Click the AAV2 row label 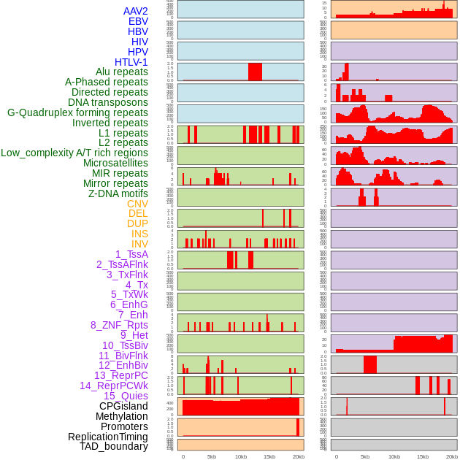pyautogui.click(x=136, y=11)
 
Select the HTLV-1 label pyautogui.click(x=131, y=62)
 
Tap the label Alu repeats pyautogui.click(x=122, y=72)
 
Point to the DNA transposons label pyautogui.click(x=108, y=102)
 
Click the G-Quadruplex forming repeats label pyautogui.click(x=77, y=112)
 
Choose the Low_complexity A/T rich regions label pyautogui.click(x=74, y=153)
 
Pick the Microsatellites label pyautogui.click(x=115, y=163)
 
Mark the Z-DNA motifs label pyautogui.click(x=118, y=193)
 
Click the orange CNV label pyautogui.click(x=137, y=204)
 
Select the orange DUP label pyautogui.click(x=137, y=223)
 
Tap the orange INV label pyautogui.click(x=139, y=244)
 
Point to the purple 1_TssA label pyautogui.click(x=131, y=254)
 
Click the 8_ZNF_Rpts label pyautogui.click(x=119, y=325)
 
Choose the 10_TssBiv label pyautogui.click(x=125, y=345)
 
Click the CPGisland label pyautogui.click(x=123, y=406)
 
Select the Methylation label pyautogui.click(x=121, y=416)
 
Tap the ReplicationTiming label pyautogui.click(x=108, y=437)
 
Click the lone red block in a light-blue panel pyautogui.click(x=255, y=72)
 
